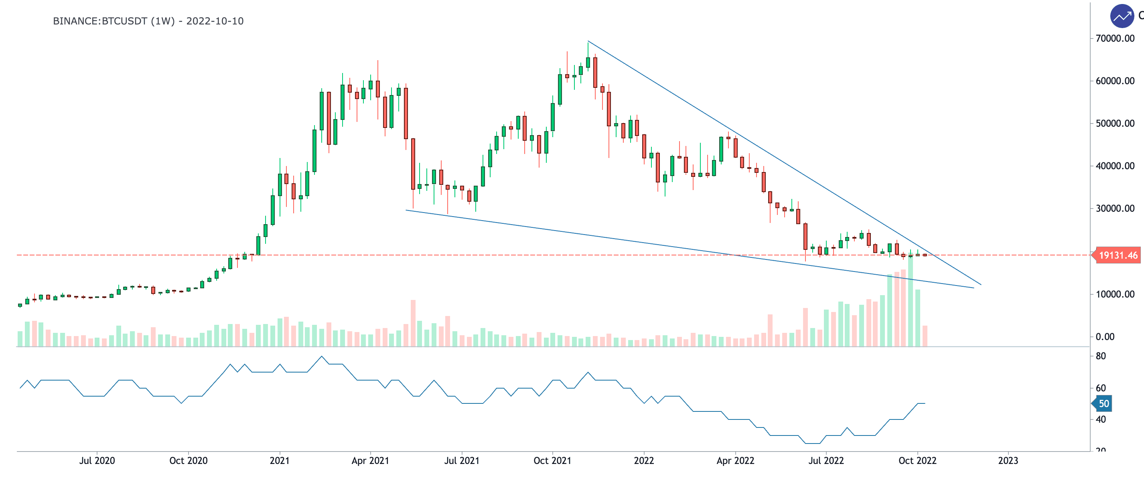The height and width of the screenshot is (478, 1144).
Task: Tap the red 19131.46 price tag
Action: [x=1118, y=255]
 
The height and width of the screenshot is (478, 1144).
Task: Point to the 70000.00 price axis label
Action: [x=1115, y=38]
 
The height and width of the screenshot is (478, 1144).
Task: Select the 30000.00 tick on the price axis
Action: [x=1115, y=209]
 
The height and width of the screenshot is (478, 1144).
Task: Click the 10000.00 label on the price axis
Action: [x=1115, y=294]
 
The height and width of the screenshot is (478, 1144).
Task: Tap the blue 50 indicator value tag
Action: [x=1103, y=403]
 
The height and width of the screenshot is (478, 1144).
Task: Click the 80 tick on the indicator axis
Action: [x=1101, y=356]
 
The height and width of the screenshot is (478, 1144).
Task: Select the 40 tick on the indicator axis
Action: [x=1101, y=419]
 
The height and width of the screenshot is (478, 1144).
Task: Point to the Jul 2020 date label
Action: [x=97, y=461]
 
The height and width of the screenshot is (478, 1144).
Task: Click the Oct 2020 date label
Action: [x=188, y=461]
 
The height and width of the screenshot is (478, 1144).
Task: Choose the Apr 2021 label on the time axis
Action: [x=370, y=461]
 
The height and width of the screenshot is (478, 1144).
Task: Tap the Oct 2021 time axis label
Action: [x=552, y=461]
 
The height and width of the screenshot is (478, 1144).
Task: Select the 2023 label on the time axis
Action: [x=1008, y=461]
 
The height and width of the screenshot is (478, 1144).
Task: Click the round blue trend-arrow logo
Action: [x=1122, y=16]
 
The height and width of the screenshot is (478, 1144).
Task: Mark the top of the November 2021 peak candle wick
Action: [x=588, y=42]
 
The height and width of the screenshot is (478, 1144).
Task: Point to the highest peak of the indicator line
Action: [x=322, y=356]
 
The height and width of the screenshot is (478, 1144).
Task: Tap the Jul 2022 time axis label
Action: [x=826, y=461]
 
